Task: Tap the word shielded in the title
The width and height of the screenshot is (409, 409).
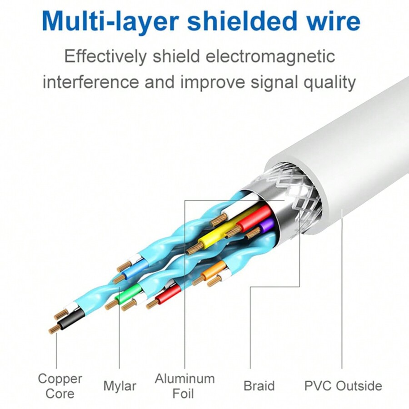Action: [x=239, y=21]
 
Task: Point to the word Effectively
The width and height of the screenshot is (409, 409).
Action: [x=105, y=57]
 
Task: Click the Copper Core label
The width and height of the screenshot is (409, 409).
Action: [x=60, y=385]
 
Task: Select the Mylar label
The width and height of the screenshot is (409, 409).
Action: [x=120, y=386]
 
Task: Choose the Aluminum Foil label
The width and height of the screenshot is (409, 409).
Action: [x=184, y=385]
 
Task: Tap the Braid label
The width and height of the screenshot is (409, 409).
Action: [x=259, y=386]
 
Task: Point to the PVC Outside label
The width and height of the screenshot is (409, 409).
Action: [x=343, y=386]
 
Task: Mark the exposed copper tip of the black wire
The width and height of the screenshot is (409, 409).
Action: [x=55, y=329]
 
